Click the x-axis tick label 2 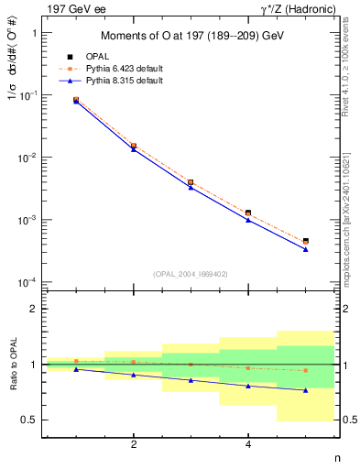pyautogui.click(x=134, y=445)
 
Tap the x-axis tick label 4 pyautogui.click(x=248, y=445)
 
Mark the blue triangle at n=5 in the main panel pyautogui.click(x=305, y=249)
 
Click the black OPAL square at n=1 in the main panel pyautogui.click(x=76, y=100)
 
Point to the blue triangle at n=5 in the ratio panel pyautogui.click(x=305, y=390)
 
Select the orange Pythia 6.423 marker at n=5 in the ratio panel pyautogui.click(x=305, y=370)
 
